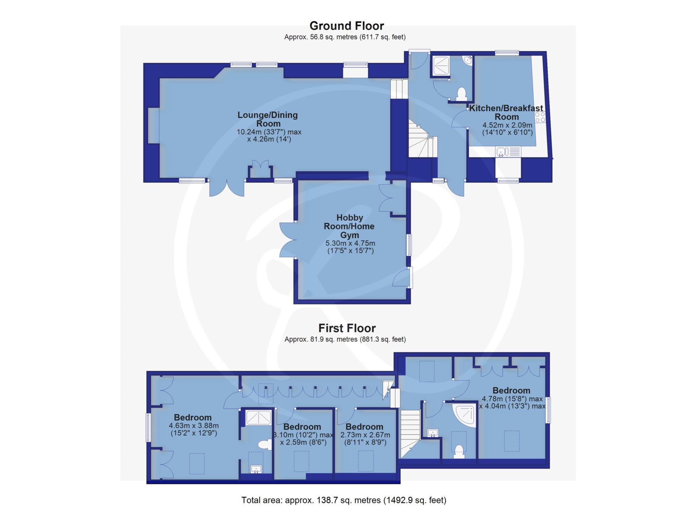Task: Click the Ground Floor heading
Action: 346,26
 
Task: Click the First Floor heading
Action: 347,328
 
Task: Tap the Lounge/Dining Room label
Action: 268,119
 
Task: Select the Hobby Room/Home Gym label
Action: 349,226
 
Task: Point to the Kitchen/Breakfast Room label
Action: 506,112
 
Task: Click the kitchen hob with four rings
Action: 540,117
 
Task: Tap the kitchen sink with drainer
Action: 508,152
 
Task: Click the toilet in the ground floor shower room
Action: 461,94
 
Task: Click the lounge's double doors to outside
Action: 227,188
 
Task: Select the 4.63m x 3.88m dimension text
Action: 193,429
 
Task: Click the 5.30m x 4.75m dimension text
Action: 350,247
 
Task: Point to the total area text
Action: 344,500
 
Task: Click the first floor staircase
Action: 411,434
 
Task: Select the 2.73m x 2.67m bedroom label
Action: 364,427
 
